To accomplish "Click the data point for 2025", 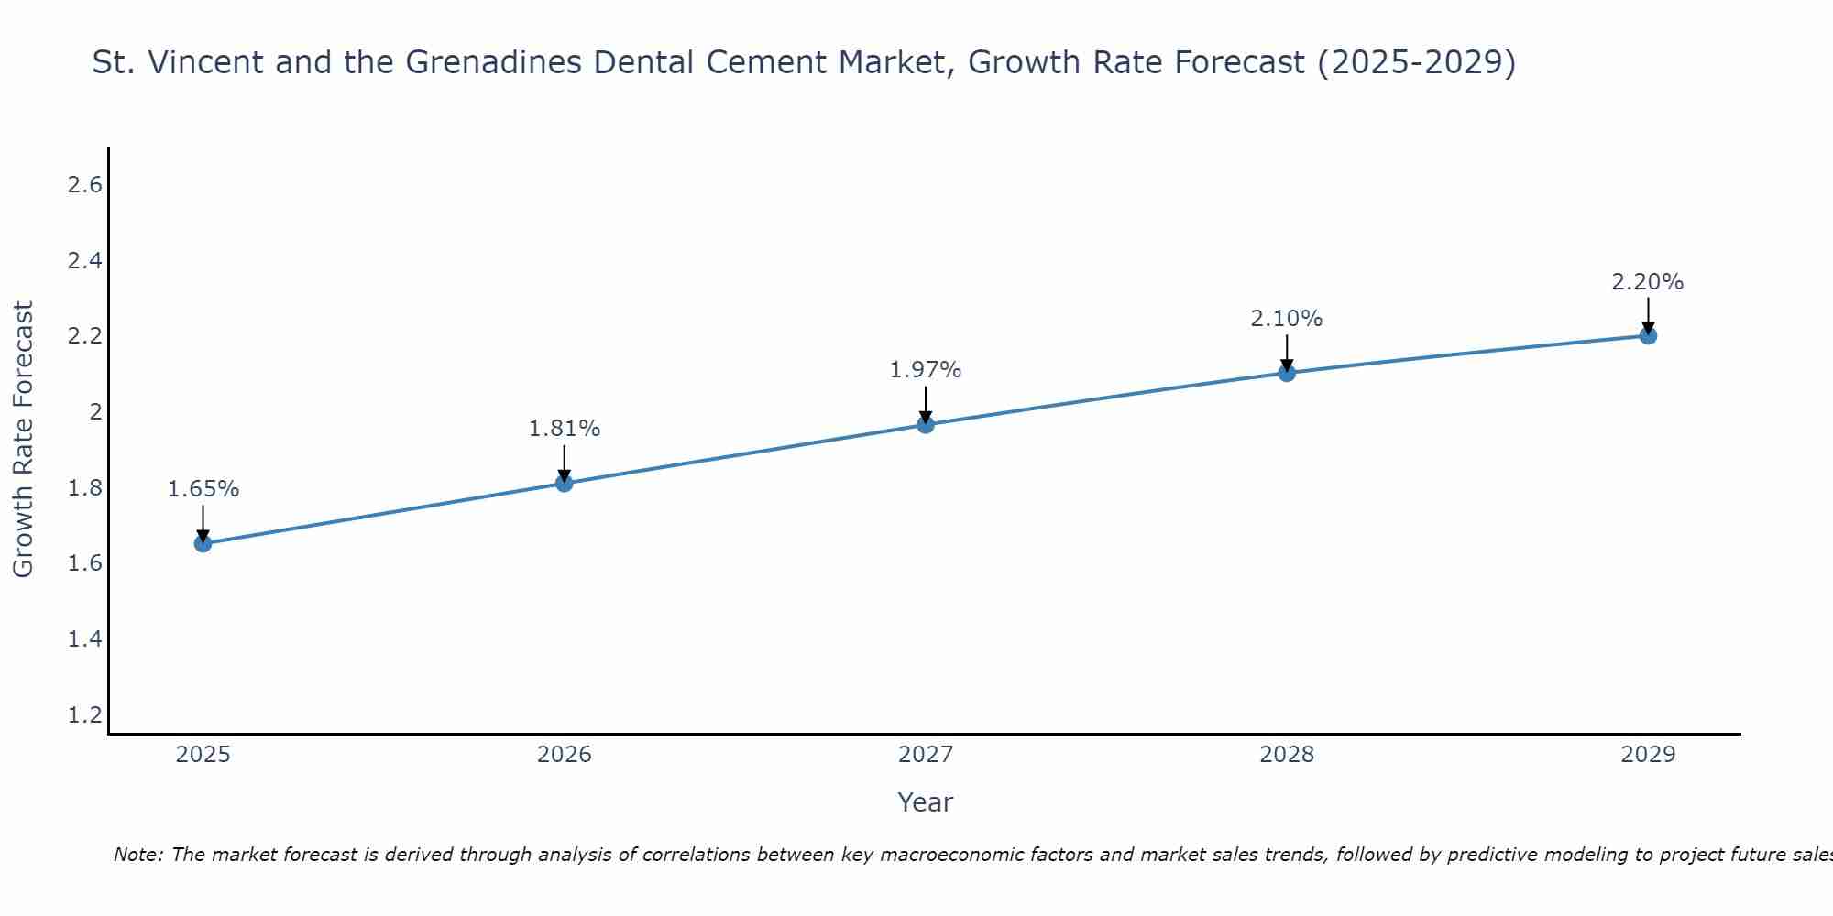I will click(x=203, y=543).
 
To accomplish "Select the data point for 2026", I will click(x=565, y=483).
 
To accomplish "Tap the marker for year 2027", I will click(x=926, y=424).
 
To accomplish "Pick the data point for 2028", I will click(x=1287, y=373).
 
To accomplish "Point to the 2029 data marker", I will click(x=1648, y=335).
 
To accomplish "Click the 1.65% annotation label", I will click(x=203, y=489).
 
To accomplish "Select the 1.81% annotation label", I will click(x=565, y=428).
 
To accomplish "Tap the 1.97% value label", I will click(x=926, y=370).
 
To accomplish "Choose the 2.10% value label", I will click(x=1287, y=319).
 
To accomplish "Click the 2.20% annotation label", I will click(x=1648, y=282).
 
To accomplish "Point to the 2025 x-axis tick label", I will click(x=203, y=755).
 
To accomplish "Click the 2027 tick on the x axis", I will click(x=926, y=755).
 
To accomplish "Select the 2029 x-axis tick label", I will click(x=1648, y=755).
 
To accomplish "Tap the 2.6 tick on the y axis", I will click(x=84, y=185).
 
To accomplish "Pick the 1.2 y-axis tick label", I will click(x=84, y=714).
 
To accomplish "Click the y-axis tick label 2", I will click(x=94, y=412).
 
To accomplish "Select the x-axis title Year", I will click(x=926, y=802).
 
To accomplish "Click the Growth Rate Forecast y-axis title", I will click(x=23, y=440).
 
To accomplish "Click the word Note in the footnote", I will click(x=137, y=855).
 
